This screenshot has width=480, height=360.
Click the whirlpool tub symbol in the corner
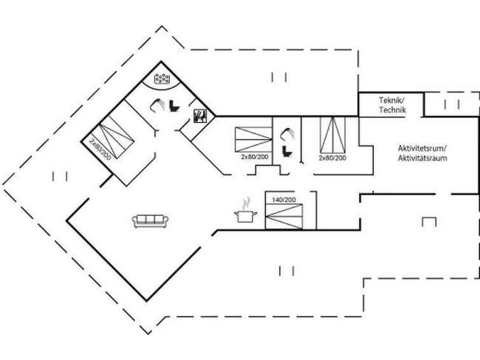tap(162, 78)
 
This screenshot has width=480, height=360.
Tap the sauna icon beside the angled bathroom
tap(199, 115)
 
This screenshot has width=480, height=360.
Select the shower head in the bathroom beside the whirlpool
tap(158, 103)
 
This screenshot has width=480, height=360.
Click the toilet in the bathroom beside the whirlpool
tap(175, 106)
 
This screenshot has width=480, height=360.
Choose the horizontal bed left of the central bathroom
tap(252, 139)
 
